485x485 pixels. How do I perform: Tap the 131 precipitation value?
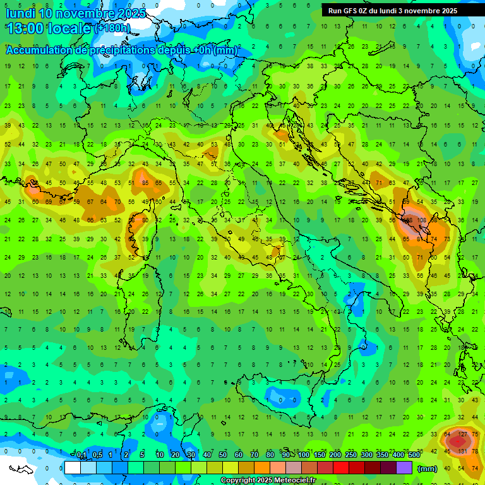click(462, 451)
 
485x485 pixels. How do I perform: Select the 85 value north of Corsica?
click(145, 183)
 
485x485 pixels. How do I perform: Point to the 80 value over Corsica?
click(145, 220)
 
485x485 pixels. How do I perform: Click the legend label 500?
click(414, 455)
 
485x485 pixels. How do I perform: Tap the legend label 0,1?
click(81, 455)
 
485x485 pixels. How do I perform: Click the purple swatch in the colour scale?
click(404, 468)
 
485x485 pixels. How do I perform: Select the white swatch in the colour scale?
click(73, 468)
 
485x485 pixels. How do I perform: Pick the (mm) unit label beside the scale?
click(428, 469)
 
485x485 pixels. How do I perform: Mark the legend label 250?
click(351, 455)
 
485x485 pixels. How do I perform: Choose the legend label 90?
click(286, 455)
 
